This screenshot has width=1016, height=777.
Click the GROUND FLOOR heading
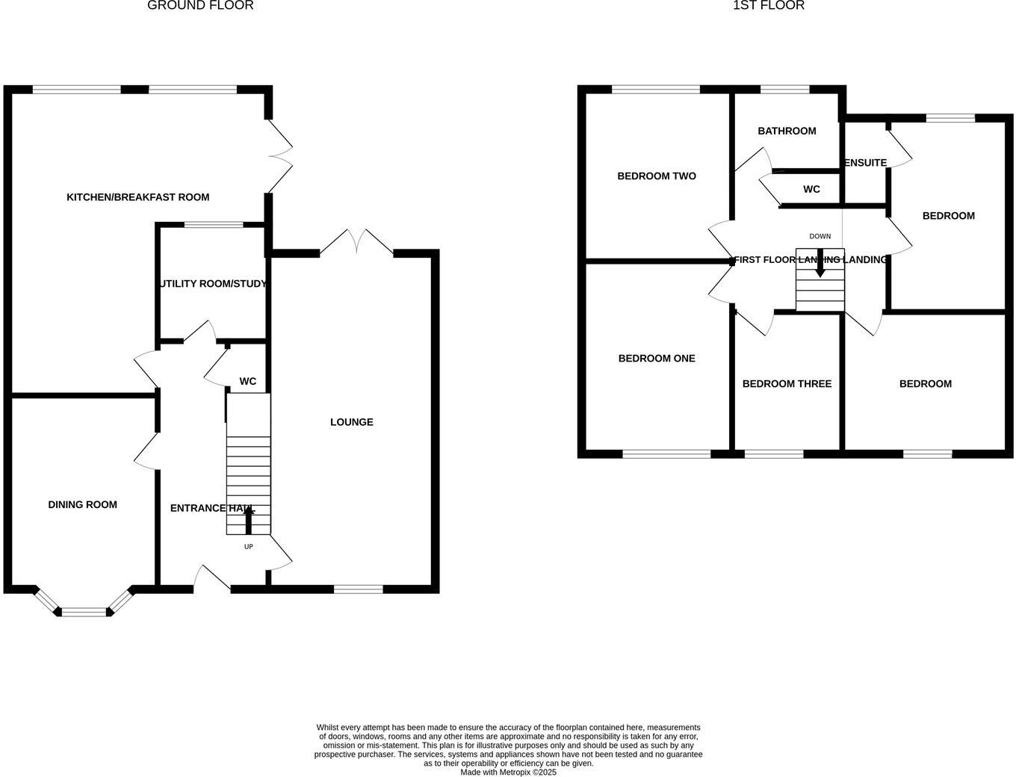pyautogui.click(x=200, y=6)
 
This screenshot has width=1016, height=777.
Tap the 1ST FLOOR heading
pyautogui.click(x=768, y=6)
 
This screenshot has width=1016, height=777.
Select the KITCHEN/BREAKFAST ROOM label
pyautogui.click(x=138, y=197)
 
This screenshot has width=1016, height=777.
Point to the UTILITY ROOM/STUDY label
pyautogui.click(x=213, y=284)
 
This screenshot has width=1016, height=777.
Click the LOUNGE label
pyautogui.click(x=352, y=422)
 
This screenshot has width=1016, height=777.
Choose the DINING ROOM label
pyautogui.click(x=82, y=504)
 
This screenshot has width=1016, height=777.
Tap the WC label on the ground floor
pyautogui.click(x=247, y=381)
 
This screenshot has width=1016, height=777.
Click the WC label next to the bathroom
pyautogui.click(x=811, y=189)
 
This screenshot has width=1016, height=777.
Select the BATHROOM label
pyautogui.click(x=787, y=131)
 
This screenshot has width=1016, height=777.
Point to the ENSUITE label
pyautogui.click(x=865, y=163)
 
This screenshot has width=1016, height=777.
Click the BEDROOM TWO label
pyautogui.click(x=657, y=176)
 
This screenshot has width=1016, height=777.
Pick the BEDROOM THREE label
pyautogui.click(x=787, y=384)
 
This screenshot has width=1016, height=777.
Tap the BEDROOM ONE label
pyautogui.click(x=657, y=359)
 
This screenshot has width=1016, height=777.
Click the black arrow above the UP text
pyautogui.click(x=249, y=519)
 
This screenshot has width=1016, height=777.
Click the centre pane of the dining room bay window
pyautogui.click(x=84, y=612)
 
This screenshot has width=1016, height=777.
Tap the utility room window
pyautogui.click(x=214, y=224)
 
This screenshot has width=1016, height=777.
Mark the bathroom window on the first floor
pyautogui.click(x=784, y=90)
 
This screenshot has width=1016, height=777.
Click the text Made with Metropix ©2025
pyautogui.click(x=508, y=773)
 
